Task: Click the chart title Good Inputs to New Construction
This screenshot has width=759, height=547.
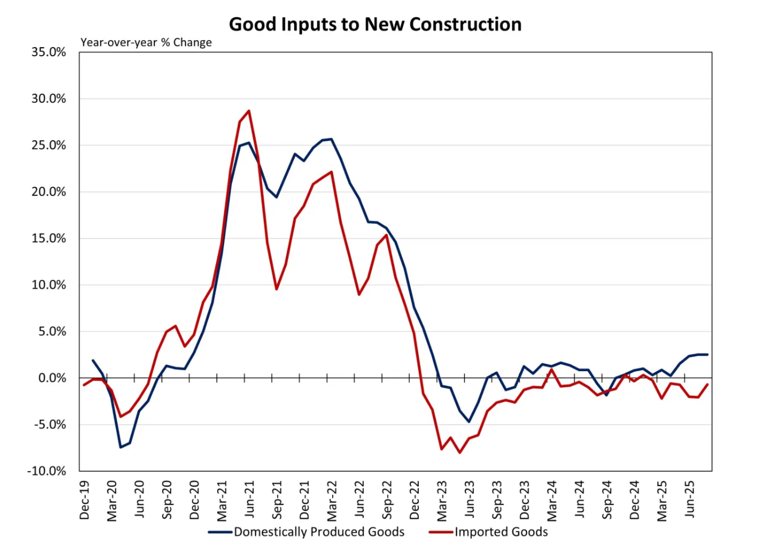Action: tap(375, 24)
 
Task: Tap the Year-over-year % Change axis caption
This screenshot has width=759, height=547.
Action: tap(146, 43)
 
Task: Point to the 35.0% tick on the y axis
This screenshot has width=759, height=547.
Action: tap(49, 52)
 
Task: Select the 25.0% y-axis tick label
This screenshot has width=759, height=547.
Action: tap(49, 145)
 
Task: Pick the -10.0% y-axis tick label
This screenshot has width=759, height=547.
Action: tap(47, 471)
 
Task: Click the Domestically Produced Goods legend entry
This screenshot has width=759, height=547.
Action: tap(319, 532)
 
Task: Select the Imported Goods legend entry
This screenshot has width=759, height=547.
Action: tap(501, 532)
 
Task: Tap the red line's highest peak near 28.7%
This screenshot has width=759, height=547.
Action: tap(249, 111)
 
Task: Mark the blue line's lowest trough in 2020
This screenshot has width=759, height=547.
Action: tap(121, 447)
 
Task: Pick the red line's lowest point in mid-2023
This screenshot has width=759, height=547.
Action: tap(460, 453)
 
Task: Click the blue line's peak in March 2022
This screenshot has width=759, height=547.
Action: tap(332, 139)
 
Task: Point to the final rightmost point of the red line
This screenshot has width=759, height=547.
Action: tap(707, 384)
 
